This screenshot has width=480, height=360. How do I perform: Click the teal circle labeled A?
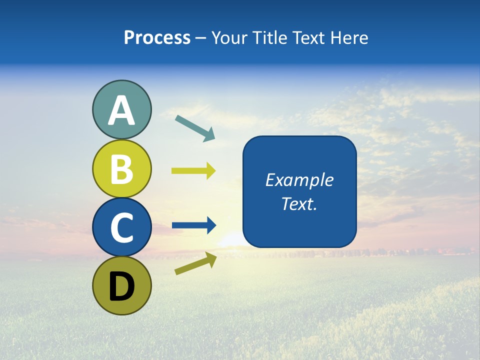[121, 110]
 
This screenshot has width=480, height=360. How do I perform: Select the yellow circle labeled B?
[121, 168]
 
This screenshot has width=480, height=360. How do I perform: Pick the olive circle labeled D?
[121, 285]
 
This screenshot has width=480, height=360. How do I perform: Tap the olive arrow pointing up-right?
[195, 263]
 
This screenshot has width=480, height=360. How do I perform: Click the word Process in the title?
[157, 38]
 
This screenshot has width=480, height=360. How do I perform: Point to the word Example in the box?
[299, 180]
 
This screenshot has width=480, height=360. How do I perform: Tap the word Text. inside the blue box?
[299, 204]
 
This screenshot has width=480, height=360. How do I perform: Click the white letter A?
[121, 111]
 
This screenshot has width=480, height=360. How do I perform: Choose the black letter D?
[121, 286]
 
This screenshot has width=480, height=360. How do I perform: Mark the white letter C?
[121, 227]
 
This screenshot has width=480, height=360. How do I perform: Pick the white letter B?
[121, 169]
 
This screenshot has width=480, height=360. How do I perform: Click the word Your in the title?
[229, 38]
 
